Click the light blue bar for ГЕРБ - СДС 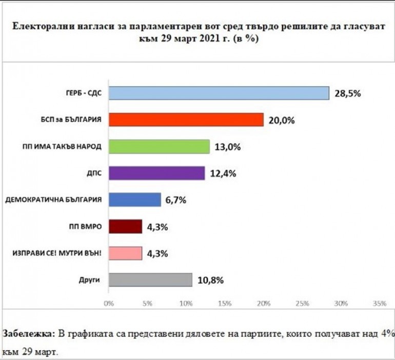tap(219, 93)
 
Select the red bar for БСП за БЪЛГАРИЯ tap(186, 119)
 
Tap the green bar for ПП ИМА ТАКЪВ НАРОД tap(159, 147)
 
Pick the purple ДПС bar tap(156, 173)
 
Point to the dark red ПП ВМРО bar tap(125, 227)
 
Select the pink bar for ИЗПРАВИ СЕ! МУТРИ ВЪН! tap(125, 253)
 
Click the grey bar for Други tap(150, 280)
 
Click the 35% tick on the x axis tap(379, 304)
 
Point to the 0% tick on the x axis tap(108, 304)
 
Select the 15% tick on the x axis tap(224, 304)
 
